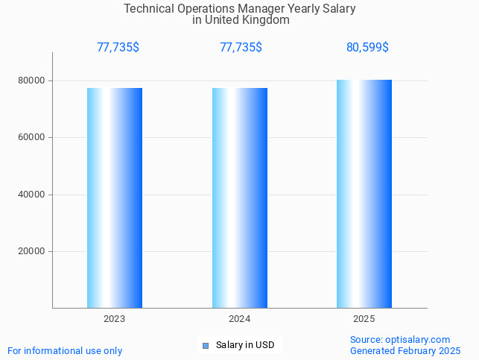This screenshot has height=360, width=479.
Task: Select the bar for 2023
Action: [115, 198]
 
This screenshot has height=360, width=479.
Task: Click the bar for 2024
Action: [240, 198]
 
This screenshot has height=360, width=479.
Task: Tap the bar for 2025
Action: [364, 194]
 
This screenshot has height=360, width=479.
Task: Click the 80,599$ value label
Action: [367, 48]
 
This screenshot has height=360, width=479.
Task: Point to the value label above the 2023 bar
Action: [118, 48]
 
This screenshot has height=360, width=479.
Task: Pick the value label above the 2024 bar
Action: [241, 48]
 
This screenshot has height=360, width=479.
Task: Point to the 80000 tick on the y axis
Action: [32, 80]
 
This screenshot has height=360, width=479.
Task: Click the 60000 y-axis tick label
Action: [32, 138]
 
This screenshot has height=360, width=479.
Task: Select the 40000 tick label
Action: [32, 195]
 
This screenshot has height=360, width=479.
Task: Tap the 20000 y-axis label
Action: [32, 252]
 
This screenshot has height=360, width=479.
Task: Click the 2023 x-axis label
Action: [115, 319]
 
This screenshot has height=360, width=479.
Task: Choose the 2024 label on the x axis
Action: [240, 319]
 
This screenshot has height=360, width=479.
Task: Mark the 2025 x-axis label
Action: [364, 319]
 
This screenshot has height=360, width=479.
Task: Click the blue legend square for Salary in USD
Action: [206, 345]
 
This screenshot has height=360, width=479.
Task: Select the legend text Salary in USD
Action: [245, 345]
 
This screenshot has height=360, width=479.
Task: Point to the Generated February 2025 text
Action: [405, 351]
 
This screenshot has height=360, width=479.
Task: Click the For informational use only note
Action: [65, 351]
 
